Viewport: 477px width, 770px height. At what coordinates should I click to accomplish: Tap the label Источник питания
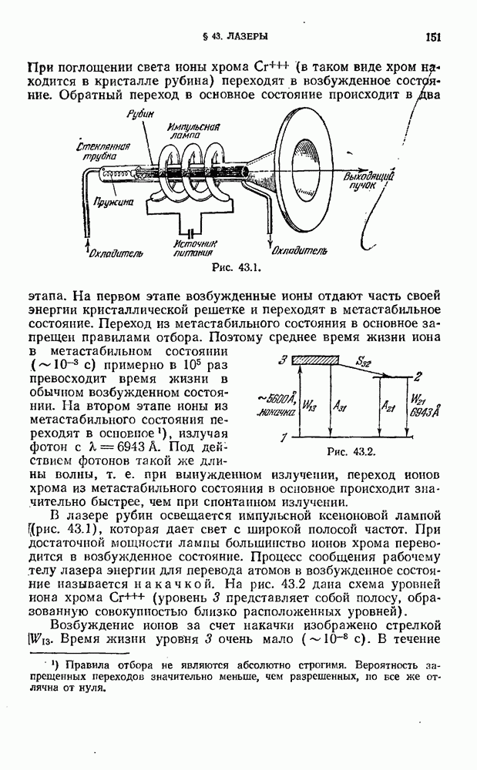pyautogui.click(x=190, y=247)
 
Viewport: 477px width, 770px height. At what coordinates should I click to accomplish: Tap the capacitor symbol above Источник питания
pyautogui.click(x=187, y=230)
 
